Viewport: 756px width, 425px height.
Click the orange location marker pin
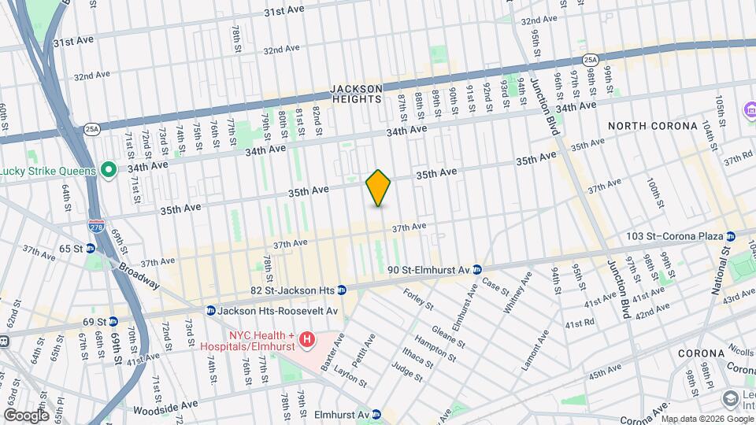pos(379,188)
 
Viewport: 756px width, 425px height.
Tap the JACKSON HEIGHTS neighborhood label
pos(356,94)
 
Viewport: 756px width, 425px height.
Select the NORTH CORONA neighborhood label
pos(653,126)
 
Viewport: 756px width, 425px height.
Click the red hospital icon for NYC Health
pos(308,340)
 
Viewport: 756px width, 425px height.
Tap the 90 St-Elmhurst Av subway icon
pos(477,270)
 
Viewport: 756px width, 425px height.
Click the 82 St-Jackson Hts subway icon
pos(342,290)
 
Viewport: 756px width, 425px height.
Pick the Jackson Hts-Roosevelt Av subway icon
pos(210,309)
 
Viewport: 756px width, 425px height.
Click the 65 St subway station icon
pos(91,248)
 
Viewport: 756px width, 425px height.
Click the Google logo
pos(27,415)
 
